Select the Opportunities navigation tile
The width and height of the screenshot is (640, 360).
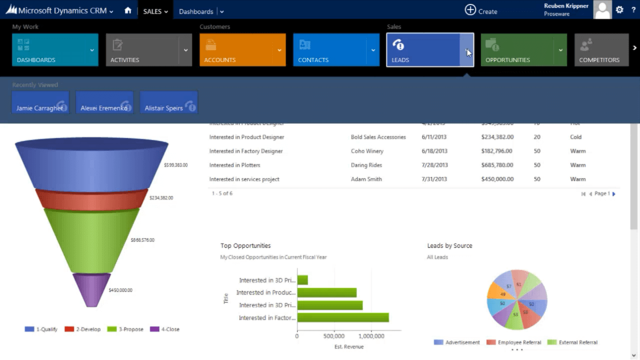tap(517, 50)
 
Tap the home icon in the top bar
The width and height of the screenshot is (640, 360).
tap(128, 11)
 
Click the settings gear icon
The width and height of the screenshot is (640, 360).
tap(619, 10)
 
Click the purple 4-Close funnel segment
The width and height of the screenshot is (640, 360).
tap(91, 289)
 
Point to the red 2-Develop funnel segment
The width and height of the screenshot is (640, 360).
tap(91, 200)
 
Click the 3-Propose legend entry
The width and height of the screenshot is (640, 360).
tap(126, 329)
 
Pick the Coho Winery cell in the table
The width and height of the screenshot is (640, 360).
tap(367, 151)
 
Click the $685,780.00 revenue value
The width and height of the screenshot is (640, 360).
tap(497, 165)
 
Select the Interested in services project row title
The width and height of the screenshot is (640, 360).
tap(244, 179)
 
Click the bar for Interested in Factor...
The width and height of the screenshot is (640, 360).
tap(343, 318)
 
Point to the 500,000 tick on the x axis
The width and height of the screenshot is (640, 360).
tap(334, 336)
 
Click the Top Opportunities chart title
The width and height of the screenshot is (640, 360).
tap(246, 246)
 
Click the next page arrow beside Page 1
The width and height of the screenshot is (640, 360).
tap(614, 194)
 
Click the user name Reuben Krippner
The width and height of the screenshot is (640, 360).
tap(566, 6)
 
